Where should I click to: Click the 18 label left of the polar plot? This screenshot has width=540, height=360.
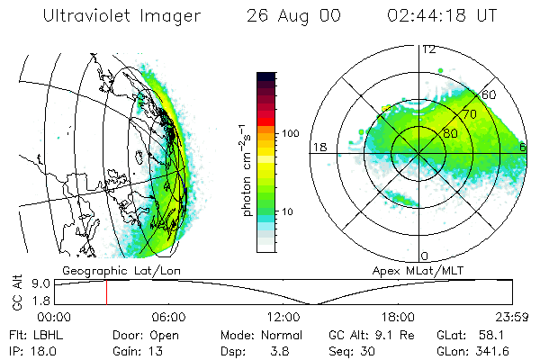319,147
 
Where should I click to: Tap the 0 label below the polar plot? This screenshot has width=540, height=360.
425,256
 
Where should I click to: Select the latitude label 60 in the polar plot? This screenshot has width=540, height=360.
490,94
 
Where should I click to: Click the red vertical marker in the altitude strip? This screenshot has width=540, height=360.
106,292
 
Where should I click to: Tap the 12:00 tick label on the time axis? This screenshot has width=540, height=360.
283,317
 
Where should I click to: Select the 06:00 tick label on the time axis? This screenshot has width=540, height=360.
168,317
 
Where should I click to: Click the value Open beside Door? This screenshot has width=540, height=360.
164,334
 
